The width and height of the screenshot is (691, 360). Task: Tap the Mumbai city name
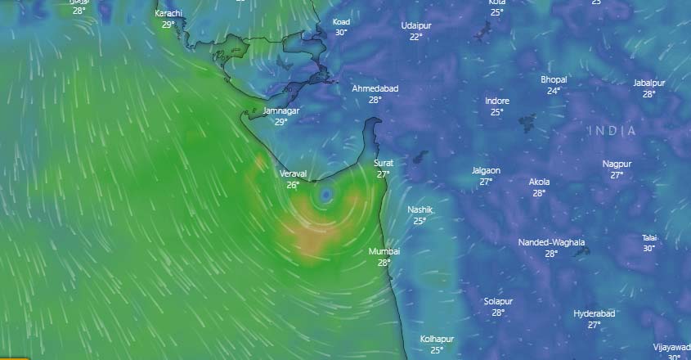pos(384,252)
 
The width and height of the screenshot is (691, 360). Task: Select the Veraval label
pos(293,174)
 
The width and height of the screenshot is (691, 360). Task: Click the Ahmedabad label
pos(375,88)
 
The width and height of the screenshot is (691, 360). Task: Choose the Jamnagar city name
pos(281,110)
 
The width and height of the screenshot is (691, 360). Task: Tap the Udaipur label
pos(415,25)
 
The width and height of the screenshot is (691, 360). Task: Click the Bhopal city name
pos(554,79)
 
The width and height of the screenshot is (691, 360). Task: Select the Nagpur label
pos(617,164)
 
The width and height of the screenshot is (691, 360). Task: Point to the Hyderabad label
pos(594,313)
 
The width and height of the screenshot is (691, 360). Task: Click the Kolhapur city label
pos(437,339)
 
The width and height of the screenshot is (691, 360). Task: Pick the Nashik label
pos(420,210)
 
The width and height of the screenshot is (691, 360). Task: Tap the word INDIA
pos(612,131)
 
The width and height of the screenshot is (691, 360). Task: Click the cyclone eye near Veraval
pos(325,195)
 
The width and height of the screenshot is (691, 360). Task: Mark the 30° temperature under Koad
pos(341,32)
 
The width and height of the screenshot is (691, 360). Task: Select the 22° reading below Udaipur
pos(415,37)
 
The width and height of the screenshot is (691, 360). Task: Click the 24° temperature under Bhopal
pos(554,91)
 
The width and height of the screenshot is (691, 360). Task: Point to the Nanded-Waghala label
pos(551,242)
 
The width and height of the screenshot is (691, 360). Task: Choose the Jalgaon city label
pos(486,170)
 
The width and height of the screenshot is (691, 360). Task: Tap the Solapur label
pos(498,301)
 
